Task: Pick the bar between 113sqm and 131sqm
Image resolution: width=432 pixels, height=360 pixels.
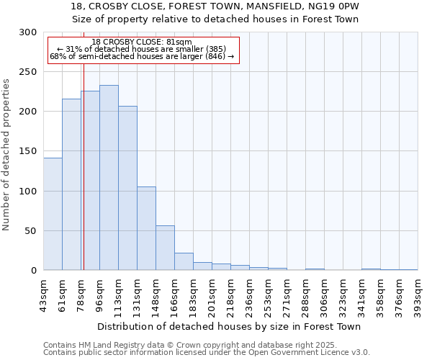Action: click(127, 188)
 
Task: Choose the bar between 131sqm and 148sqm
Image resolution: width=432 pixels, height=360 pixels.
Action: click(146, 228)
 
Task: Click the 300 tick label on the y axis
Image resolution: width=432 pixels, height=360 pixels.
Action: click(28, 32)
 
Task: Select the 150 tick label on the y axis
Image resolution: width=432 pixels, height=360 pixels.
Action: click(28, 152)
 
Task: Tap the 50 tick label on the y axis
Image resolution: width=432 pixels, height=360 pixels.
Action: click(31, 231)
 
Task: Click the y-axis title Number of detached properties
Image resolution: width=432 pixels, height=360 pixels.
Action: click(7, 155)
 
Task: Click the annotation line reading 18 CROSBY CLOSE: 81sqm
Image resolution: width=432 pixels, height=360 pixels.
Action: click(142, 42)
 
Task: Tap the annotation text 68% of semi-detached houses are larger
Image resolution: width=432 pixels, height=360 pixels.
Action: click(142, 56)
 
